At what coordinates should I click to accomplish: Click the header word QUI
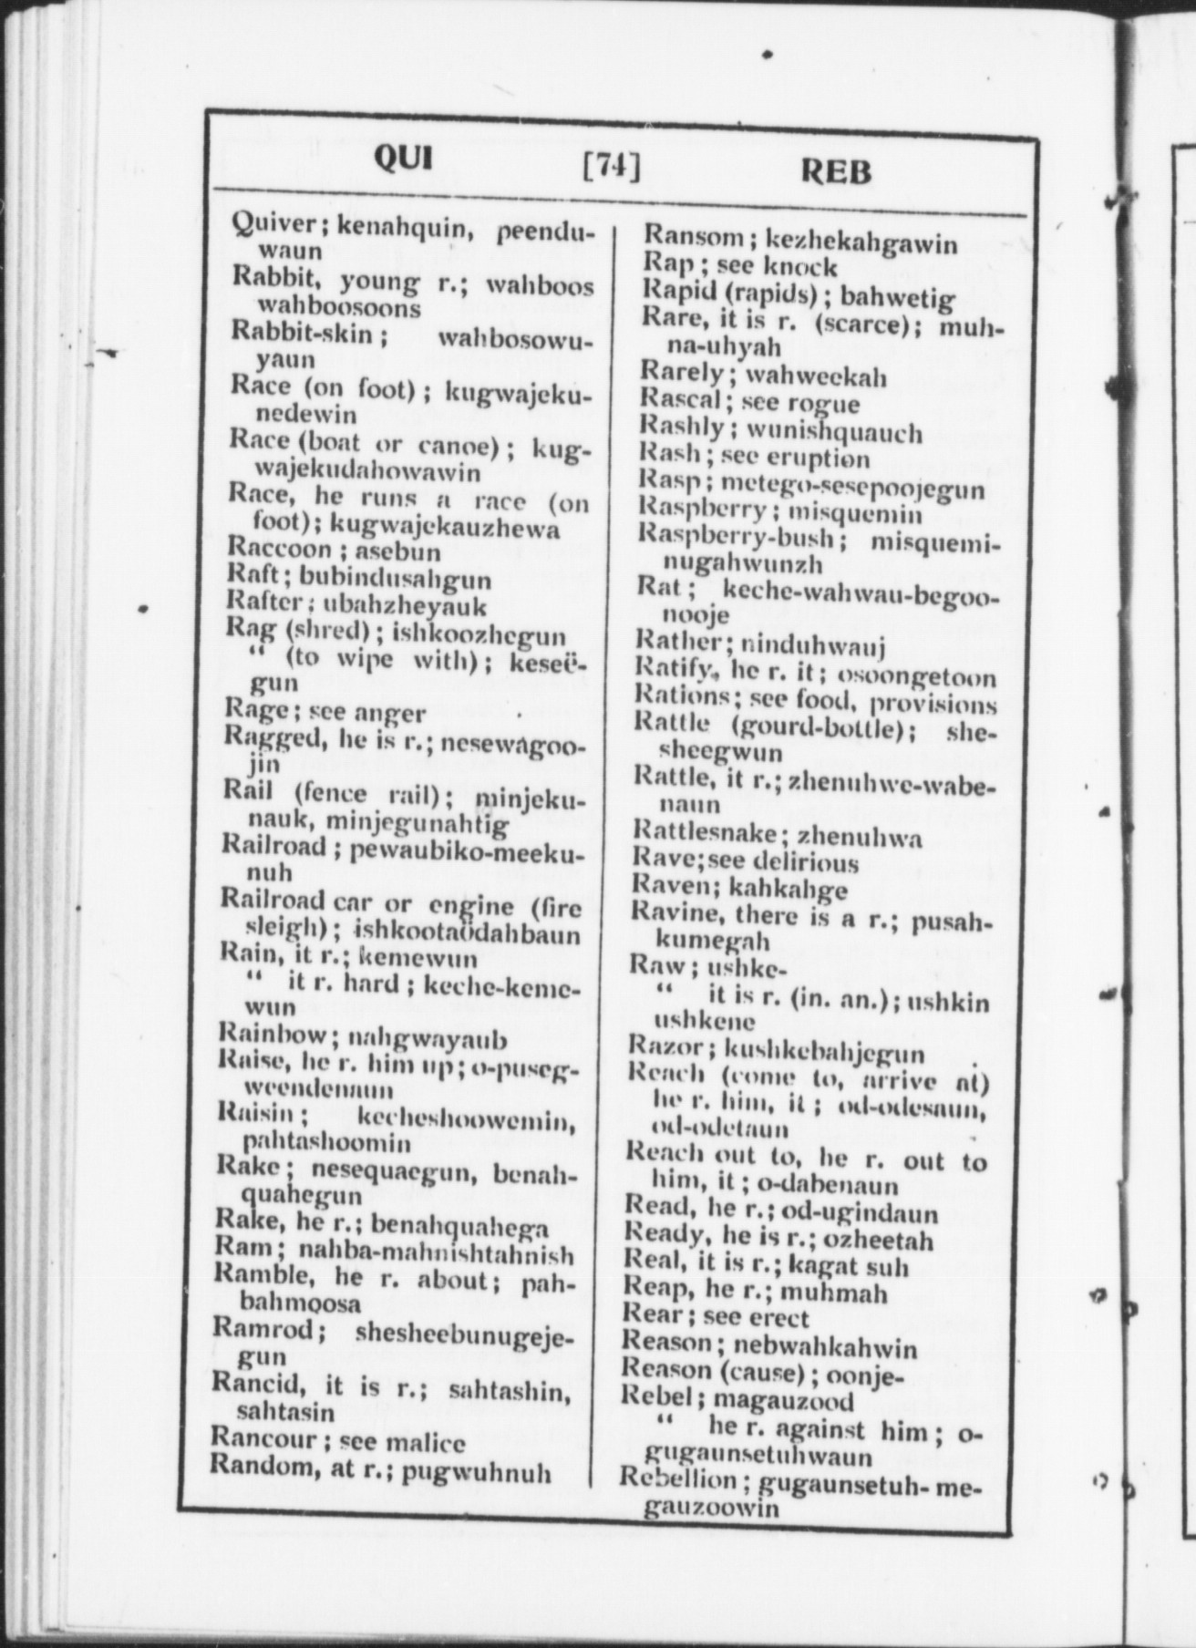click(404, 160)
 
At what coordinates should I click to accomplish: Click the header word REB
click(835, 171)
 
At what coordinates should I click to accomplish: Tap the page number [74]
click(611, 167)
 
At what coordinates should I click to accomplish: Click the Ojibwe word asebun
click(397, 551)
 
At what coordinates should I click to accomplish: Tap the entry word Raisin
click(255, 1113)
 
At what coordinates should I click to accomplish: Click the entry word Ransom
click(693, 237)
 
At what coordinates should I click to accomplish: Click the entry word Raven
click(669, 886)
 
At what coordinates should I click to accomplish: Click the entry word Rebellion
click(678, 1480)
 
